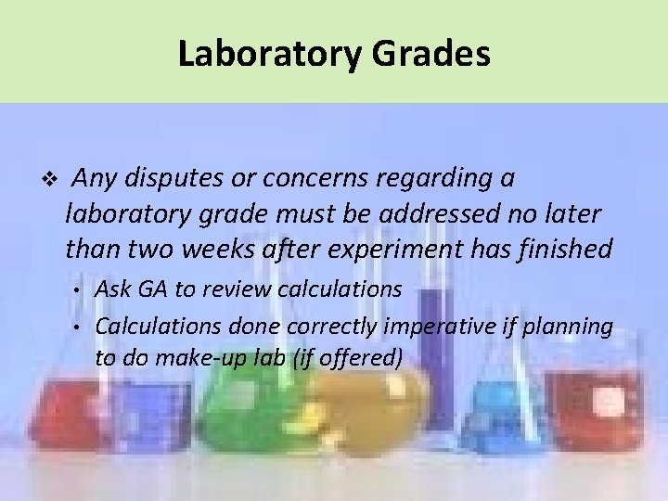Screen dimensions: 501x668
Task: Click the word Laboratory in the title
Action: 270,54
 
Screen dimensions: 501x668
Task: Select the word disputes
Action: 173,177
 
